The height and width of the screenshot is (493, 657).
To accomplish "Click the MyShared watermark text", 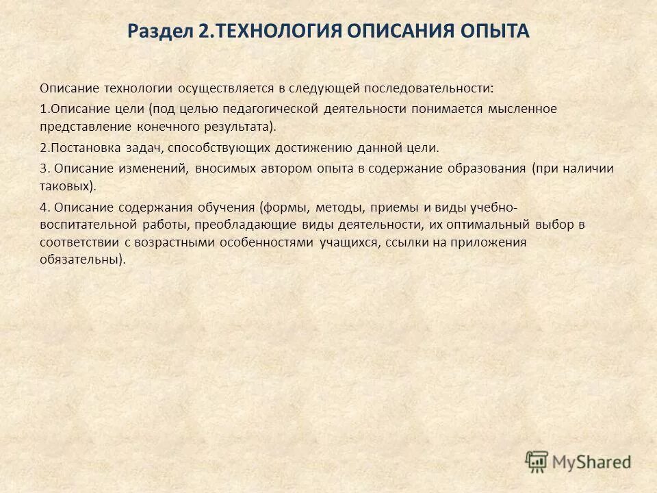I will [x=592, y=461].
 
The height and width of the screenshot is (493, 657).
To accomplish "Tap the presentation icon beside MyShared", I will [x=537, y=461].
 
